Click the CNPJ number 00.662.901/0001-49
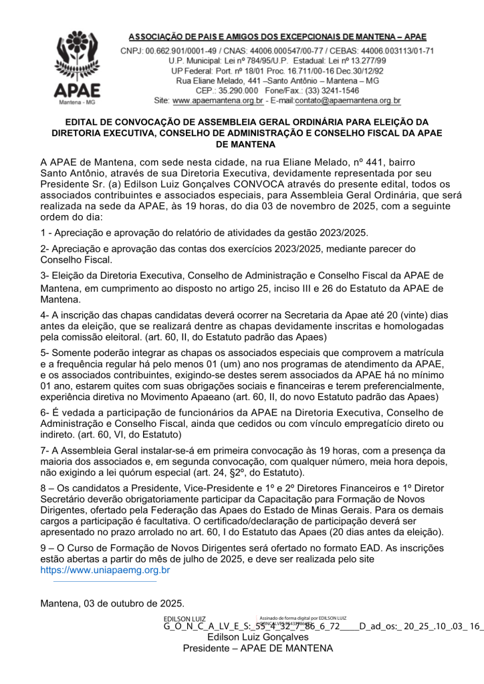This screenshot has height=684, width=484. coord(185,51)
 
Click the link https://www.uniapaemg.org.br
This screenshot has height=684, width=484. coord(105,570)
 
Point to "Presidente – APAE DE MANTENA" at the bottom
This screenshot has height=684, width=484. coord(257,649)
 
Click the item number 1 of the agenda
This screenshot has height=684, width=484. coord(43,232)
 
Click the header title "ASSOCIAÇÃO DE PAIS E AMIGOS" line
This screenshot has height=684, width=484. coord(277,37)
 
